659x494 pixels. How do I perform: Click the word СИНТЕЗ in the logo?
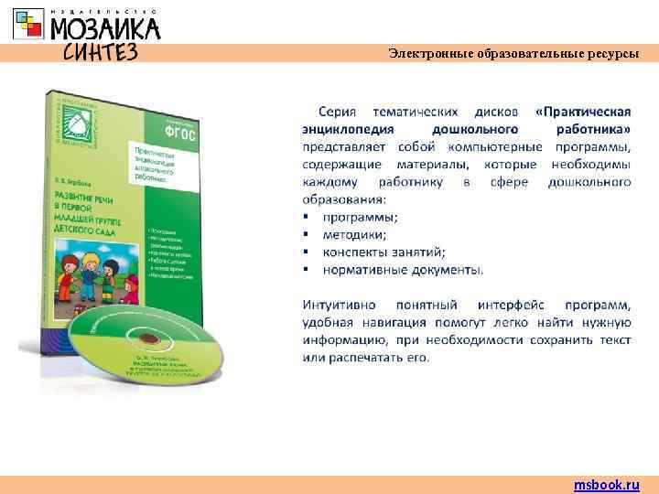pyautogui.click(x=100, y=51)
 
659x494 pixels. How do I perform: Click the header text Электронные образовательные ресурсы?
pyautogui.click(x=513, y=54)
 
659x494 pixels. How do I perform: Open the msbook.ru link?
pyautogui.click(x=607, y=485)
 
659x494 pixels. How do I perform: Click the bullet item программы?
pyautogui.click(x=360, y=217)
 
